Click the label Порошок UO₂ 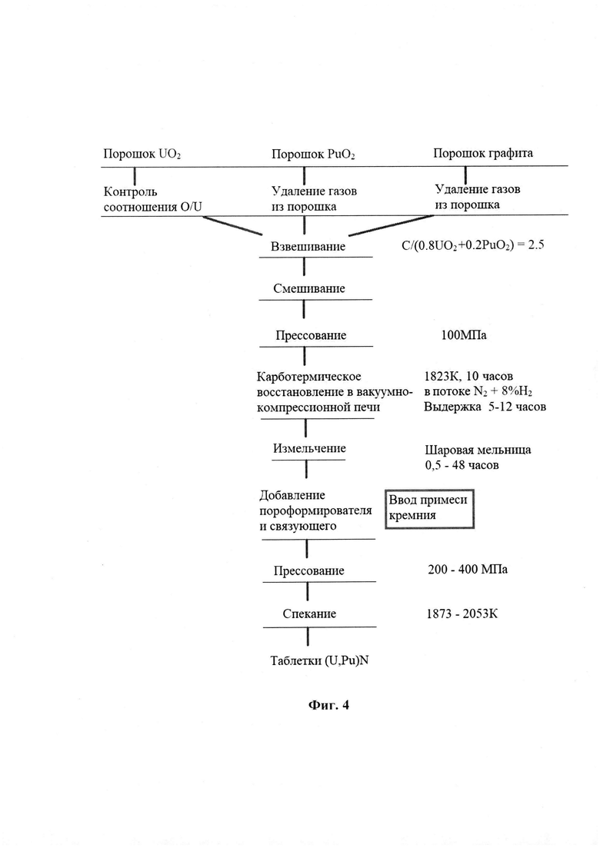pyautogui.click(x=142, y=154)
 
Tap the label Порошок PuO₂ pyautogui.click(x=313, y=155)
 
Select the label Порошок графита pyautogui.click(x=482, y=153)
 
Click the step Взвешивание pyautogui.click(x=308, y=247)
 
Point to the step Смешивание pyautogui.click(x=308, y=288)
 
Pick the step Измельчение pyautogui.click(x=309, y=448)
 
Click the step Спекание pyautogui.click(x=309, y=614)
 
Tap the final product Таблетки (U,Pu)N pyautogui.click(x=319, y=660)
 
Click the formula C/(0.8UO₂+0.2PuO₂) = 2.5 pyautogui.click(x=472, y=245)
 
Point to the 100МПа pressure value pyautogui.click(x=464, y=335)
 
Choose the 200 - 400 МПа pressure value pyautogui.click(x=468, y=570)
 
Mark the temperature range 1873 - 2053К pyautogui.click(x=462, y=614)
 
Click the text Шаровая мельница pyautogui.click(x=478, y=450)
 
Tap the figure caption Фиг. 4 pyautogui.click(x=328, y=705)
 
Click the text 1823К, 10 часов pyautogui.click(x=468, y=377)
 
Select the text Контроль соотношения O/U pyautogui.click(x=152, y=199)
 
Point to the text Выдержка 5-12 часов pyautogui.click(x=485, y=407)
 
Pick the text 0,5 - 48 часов pyautogui.click(x=462, y=465)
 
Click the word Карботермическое pyautogui.click(x=309, y=377)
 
